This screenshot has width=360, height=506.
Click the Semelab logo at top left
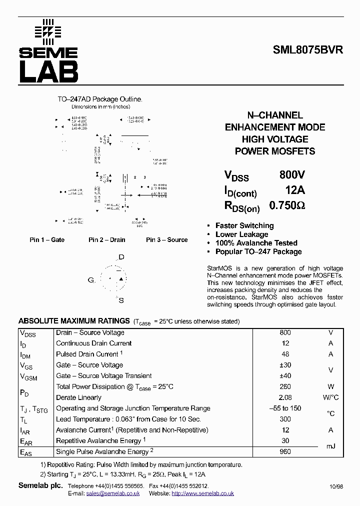48,51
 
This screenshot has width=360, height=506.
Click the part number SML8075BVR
308,50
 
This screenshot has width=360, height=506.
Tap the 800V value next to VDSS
292,175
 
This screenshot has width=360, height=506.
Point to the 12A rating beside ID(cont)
294,190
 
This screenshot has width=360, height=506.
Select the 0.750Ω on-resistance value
287,205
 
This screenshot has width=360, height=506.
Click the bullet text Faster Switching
244,225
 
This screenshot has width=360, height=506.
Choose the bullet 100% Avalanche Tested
256,243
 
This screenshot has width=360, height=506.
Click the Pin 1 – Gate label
47,240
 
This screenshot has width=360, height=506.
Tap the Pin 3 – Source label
166,240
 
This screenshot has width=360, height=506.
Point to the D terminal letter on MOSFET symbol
121,257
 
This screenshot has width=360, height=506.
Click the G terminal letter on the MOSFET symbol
91,280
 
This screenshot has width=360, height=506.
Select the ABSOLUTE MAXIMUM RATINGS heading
74,321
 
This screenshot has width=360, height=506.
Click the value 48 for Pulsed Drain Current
285,354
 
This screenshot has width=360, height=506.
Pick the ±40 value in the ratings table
285,376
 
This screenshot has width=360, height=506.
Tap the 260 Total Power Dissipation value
285,386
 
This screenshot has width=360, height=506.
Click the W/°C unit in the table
330,397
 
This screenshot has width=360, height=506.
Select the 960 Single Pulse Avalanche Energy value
285,451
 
